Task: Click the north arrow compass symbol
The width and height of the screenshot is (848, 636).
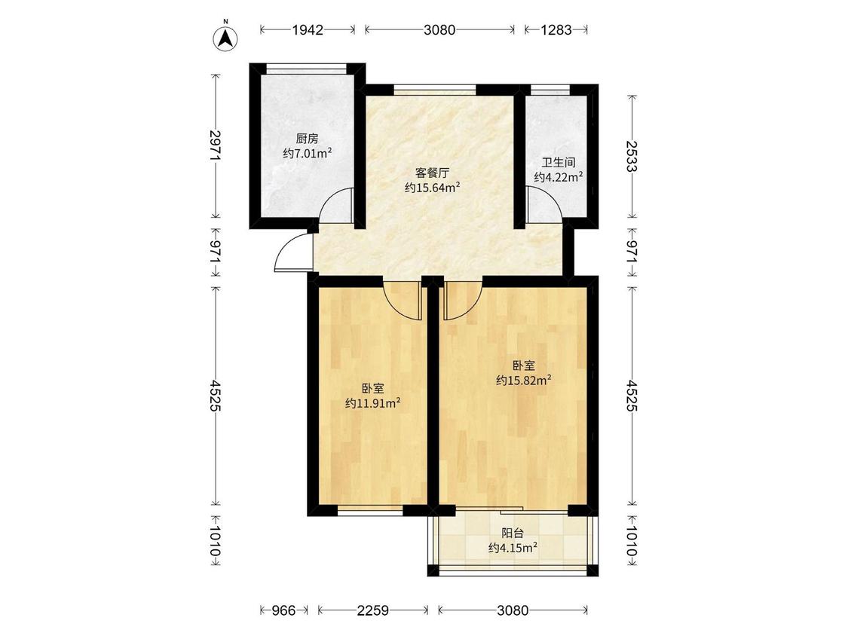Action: (226, 38)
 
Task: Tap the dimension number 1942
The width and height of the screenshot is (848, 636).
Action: (308, 29)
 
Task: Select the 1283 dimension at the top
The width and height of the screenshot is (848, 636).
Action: (556, 29)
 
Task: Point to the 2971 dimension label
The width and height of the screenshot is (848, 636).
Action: (215, 145)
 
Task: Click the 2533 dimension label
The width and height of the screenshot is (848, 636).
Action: (631, 156)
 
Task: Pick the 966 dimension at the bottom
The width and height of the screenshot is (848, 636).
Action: (283, 610)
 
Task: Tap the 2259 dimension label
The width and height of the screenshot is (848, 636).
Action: (372, 610)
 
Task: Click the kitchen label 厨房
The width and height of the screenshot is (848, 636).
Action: (308, 139)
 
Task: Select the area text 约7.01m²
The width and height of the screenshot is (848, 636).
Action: (308, 154)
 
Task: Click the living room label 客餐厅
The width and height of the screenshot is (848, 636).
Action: (432, 173)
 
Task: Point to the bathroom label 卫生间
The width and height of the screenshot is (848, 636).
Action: (559, 162)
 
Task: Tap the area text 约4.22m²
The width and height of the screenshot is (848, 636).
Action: (559, 177)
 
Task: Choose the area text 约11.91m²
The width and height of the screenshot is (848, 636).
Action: (372, 403)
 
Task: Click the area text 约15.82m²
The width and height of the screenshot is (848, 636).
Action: (524, 381)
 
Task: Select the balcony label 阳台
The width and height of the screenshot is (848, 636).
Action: (512, 534)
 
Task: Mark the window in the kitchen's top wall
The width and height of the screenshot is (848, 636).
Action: (308, 69)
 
